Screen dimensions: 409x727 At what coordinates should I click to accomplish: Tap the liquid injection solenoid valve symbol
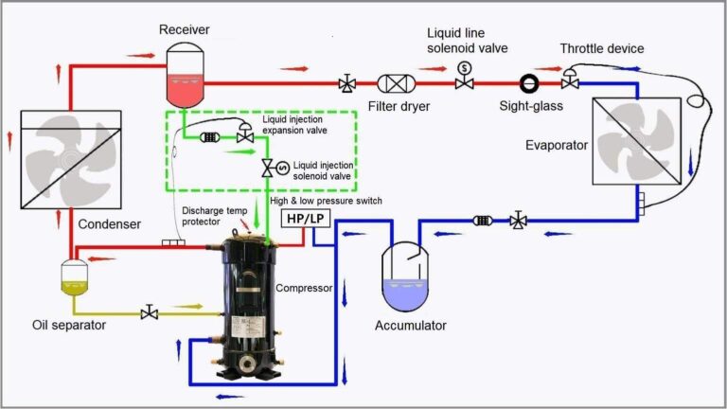pos(269,169)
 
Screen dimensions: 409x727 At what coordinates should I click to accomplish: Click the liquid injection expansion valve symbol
pos(243,135)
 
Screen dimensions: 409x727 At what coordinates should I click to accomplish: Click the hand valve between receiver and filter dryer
pos(347,83)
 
